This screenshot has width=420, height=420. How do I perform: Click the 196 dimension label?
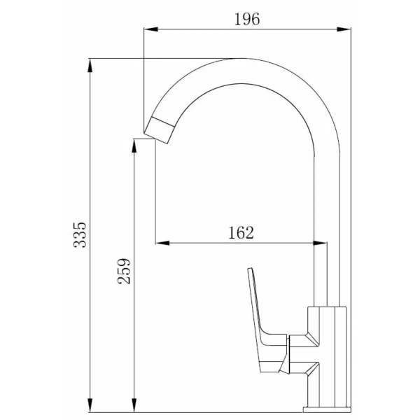point(247,20)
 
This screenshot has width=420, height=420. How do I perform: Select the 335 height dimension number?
point(80,234)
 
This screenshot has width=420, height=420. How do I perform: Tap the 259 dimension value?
point(124,271)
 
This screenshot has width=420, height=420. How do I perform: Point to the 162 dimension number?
point(241,233)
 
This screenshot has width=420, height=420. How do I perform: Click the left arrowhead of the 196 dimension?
point(150,29)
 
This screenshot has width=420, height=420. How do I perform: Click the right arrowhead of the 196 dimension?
point(344,29)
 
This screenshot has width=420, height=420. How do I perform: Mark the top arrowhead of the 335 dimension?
point(90,65)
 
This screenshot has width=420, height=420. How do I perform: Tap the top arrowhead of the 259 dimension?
point(134,146)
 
